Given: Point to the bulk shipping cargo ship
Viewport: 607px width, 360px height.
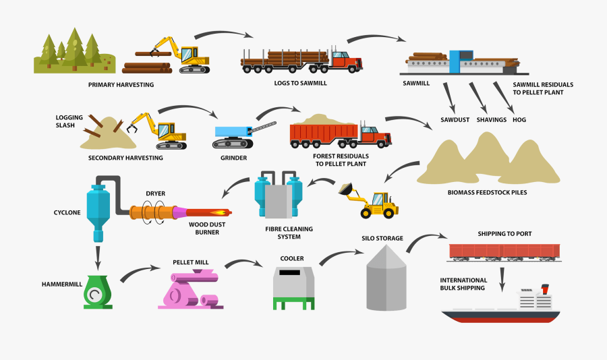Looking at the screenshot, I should (x=500, y=307).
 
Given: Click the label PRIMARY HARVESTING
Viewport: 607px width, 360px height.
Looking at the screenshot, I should (x=121, y=85).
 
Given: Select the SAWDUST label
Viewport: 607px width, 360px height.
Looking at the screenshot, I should (x=456, y=120).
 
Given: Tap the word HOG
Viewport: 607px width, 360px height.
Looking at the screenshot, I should (x=519, y=120).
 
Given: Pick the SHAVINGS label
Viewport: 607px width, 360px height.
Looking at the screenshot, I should (x=491, y=120).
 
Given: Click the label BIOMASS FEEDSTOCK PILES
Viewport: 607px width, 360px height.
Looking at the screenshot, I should (x=487, y=192).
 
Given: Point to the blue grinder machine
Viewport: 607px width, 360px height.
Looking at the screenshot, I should (x=233, y=135).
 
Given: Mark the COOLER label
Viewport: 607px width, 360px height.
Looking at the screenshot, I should (x=292, y=258).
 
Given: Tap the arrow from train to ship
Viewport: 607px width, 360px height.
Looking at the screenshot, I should (x=502, y=276).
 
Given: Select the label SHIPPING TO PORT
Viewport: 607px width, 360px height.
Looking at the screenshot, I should (x=504, y=234).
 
